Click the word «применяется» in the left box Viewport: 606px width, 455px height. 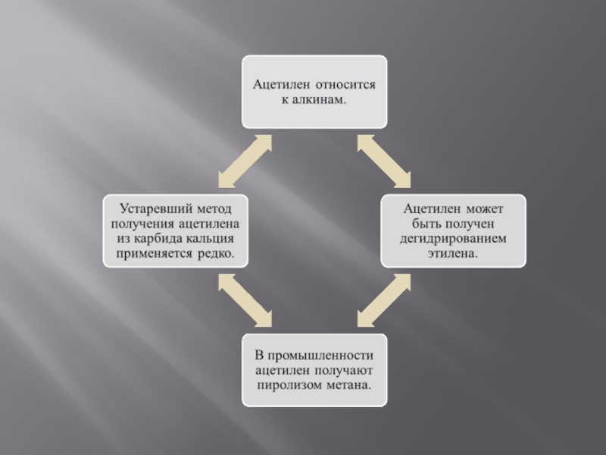click(x=152, y=252)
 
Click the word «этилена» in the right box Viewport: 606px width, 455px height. click(x=451, y=252)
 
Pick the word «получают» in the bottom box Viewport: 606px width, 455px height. click(x=342, y=371)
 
